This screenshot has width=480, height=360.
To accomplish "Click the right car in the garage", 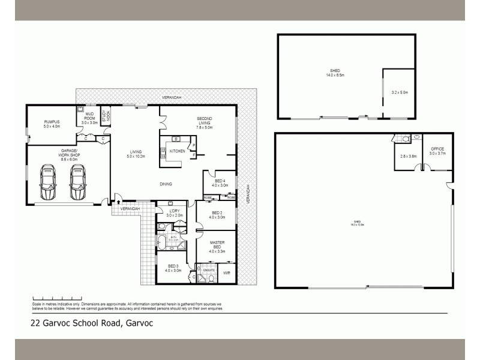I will click(x=77, y=182).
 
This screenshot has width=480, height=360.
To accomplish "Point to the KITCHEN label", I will click(x=177, y=151).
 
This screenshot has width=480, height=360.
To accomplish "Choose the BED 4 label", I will click(x=220, y=181).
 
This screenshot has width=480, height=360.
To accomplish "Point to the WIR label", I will click(x=227, y=274).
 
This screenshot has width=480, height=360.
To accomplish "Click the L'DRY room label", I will click(x=175, y=211).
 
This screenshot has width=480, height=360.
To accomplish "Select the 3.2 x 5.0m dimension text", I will click(x=399, y=92).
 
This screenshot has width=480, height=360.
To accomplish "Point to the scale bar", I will click(x=52, y=298).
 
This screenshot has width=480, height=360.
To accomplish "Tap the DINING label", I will click(x=166, y=184).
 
